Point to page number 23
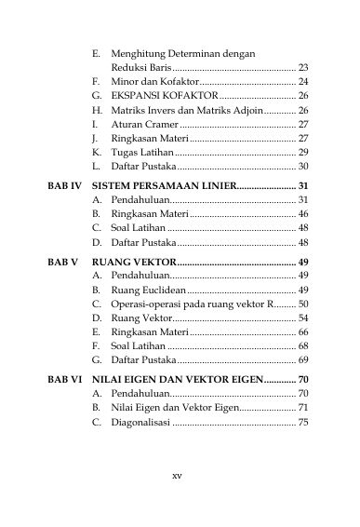[x=303, y=68]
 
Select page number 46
[x=303, y=214]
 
